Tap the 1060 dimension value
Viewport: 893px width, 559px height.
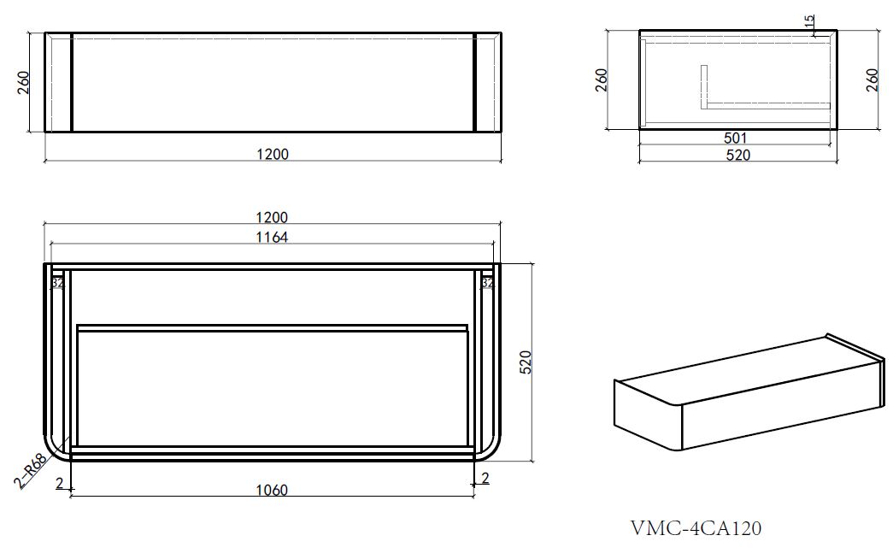(272, 490)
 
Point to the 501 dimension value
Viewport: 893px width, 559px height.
(736, 138)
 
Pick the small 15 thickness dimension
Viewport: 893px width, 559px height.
(809, 21)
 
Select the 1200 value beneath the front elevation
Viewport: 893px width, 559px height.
(272, 154)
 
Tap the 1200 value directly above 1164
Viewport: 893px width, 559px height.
(272, 217)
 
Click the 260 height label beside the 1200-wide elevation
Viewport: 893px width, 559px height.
(24, 82)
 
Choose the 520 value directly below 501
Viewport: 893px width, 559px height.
(737, 155)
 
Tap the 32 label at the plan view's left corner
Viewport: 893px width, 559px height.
(57, 282)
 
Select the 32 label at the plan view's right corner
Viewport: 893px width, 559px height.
(487, 282)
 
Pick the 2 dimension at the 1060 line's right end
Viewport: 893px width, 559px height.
(485, 479)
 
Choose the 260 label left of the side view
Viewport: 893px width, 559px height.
(602, 79)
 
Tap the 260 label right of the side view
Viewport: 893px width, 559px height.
(872, 79)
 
